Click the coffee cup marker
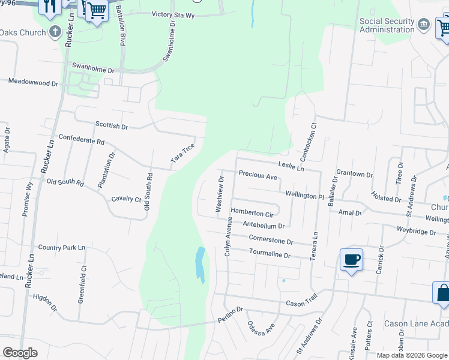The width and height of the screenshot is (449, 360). (x=352, y=260)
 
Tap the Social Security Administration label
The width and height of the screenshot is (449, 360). (x=387, y=25)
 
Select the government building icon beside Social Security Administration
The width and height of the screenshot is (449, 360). (x=424, y=25)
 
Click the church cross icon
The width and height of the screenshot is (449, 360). (x=55, y=32)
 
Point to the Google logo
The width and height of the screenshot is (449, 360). (x=20, y=353)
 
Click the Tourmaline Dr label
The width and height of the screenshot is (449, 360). (x=270, y=254)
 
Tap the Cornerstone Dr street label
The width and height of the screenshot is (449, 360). (x=271, y=240)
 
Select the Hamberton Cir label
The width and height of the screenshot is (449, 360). (x=252, y=212)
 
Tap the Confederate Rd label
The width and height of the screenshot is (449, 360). (x=82, y=140)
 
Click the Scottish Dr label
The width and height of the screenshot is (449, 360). (x=112, y=126)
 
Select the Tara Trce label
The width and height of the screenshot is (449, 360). (x=183, y=154)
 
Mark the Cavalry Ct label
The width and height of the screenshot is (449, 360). (x=126, y=199)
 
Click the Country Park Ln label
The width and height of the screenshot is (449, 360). (x=62, y=247)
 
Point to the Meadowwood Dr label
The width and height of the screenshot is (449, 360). (x=33, y=82)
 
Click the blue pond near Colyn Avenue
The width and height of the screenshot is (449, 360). (x=200, y=265)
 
